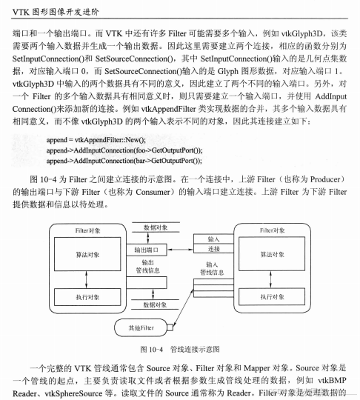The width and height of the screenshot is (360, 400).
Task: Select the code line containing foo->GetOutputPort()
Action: coord(123,150)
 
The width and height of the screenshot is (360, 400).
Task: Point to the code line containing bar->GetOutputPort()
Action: coord(123,160)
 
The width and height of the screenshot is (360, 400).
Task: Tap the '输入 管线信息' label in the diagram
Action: coord(213,267)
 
